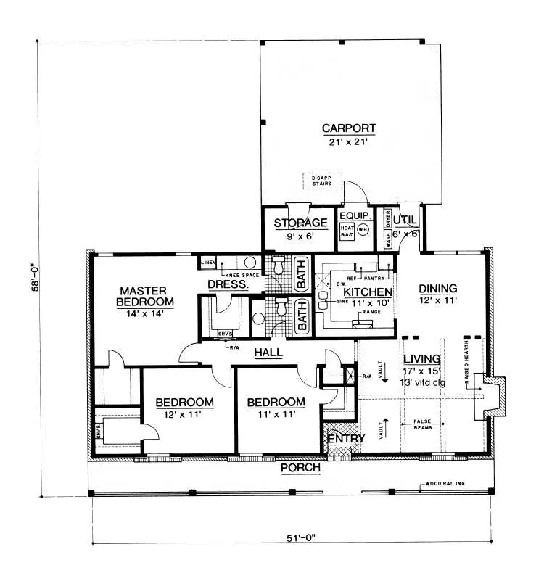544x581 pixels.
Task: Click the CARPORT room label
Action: pos(350,130)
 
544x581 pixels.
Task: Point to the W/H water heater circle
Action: pos(363,229)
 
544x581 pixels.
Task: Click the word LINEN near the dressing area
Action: pos(209,261)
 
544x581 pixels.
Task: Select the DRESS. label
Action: pos(228,285)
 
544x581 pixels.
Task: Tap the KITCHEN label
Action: pos(358,292)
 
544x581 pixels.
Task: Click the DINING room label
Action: pos(438,288)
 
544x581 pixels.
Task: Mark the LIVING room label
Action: pos(421,358)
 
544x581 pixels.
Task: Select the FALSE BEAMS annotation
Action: pos(423,424)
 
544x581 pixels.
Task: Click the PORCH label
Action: pos(300,468)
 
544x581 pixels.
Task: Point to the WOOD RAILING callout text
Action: pos(445,483)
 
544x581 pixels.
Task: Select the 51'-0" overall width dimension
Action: pos(294,537)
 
